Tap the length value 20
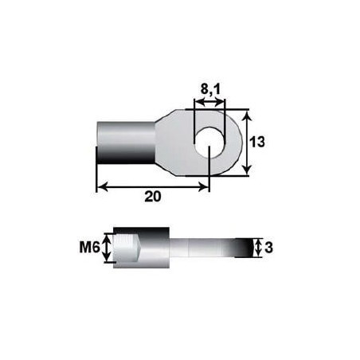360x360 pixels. (x=156, y=198)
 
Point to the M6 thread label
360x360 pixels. (x=89, y=248)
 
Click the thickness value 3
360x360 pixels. (x=268, y=248)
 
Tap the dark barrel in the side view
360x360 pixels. (x=148, y=248)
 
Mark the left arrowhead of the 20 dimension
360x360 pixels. (x=100, y=188)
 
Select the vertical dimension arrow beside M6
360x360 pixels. (x=104, y=248)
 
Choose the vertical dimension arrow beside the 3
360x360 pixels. (x=258, y=248)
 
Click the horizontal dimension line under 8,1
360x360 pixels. (x=209, y=103)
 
